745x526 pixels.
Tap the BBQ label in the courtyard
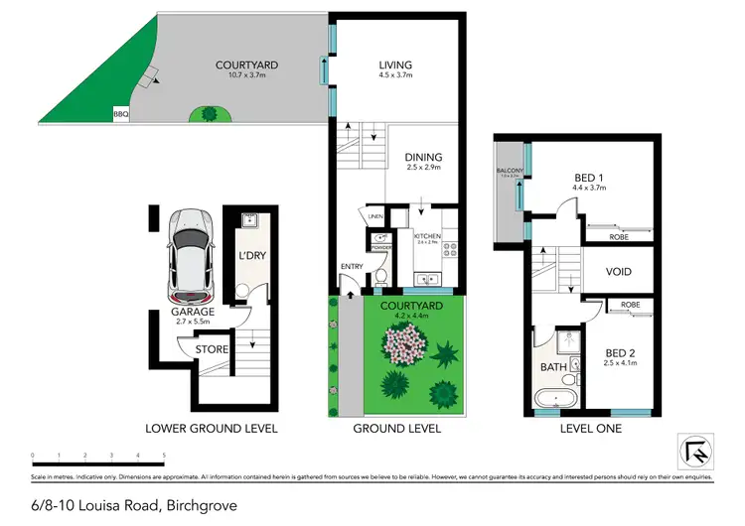pos(122,115)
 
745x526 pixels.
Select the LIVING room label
pos(394,66)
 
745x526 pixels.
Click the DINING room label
pos(423,157)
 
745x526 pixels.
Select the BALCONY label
pos(509,172)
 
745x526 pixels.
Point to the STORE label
pos(211,349)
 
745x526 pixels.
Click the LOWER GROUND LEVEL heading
pos(211,429)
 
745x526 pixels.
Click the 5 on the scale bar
pos(163,456)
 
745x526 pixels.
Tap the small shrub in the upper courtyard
pos(210,115)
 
